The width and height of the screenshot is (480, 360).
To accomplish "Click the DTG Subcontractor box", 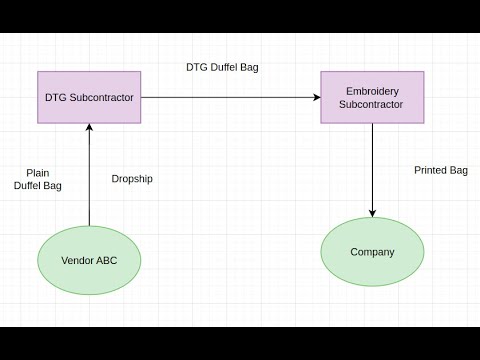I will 89,97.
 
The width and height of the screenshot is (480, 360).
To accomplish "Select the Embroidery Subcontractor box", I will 372,97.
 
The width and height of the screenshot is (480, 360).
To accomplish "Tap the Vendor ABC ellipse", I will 89,260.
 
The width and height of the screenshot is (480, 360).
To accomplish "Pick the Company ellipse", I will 372,252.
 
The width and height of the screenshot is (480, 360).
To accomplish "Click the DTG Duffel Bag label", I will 223,68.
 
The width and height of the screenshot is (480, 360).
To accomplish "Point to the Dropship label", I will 132,179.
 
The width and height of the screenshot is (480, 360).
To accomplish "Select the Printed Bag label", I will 441,170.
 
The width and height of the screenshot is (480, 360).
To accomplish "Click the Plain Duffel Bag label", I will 38,179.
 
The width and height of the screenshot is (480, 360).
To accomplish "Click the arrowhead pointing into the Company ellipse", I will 372,213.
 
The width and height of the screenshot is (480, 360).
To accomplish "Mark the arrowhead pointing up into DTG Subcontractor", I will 89,127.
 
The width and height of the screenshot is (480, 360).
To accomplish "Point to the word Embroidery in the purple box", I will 372,90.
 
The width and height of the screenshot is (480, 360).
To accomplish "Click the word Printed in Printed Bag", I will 430,170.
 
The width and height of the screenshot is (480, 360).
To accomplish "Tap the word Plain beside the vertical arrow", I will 38,173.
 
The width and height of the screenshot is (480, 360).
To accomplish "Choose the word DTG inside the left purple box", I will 55,97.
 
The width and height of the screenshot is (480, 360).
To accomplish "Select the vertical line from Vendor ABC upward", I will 89,180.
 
